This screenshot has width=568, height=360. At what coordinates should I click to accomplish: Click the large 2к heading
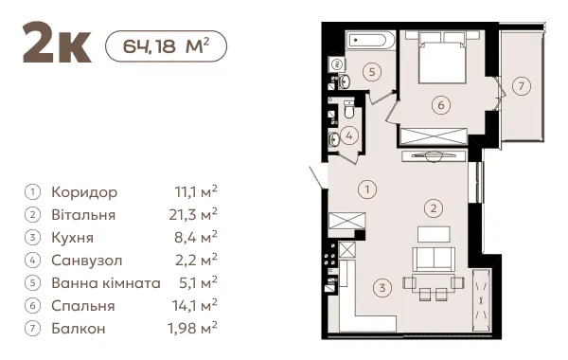coord(57,43)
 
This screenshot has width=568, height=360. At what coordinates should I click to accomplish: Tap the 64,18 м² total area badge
coord(166,46)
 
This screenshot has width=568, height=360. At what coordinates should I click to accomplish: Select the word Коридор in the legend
coord(84,192)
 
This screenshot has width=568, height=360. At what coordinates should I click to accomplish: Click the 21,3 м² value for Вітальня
coord(193,215)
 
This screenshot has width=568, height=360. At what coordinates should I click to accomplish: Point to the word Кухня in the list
coord(73,238)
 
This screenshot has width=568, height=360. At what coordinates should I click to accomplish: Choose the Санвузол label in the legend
coord(87,261)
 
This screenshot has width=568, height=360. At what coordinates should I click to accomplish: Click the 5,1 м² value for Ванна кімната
coord(198,282)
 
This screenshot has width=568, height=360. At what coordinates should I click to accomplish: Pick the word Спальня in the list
coord(83,306)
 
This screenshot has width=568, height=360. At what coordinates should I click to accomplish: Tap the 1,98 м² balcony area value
coord(192,328)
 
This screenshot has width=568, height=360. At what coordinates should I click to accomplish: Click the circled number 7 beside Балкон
coord(32,329)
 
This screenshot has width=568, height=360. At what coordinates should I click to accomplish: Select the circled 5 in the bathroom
coord(372,72)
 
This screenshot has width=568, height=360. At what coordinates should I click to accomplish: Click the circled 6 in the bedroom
coord(441,105)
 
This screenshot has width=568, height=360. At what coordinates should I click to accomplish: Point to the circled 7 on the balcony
coord(522,86)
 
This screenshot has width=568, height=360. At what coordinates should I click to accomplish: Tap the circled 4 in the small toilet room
coord(349,136)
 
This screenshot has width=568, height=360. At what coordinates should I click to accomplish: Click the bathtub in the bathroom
coord(370,39)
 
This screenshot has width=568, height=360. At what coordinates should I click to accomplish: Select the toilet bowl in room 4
coord(348,108)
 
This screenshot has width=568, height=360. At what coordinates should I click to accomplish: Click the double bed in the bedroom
coord(442,57)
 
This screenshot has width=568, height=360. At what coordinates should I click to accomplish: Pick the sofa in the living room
coord(434,259)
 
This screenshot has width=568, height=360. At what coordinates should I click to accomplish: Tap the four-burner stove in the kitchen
coord(330,255)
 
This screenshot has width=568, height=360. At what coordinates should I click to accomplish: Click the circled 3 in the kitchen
coord(382,288)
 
